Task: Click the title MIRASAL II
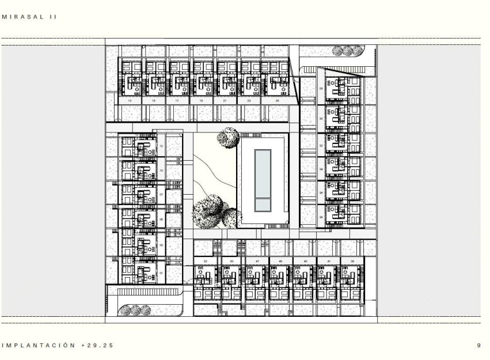29,17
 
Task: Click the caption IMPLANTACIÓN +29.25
58,346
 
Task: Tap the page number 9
478,346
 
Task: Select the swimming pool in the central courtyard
263,180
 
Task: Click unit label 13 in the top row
129,101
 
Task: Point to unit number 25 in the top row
277,101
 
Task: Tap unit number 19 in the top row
201,101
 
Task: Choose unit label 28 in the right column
321,88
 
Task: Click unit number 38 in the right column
321,217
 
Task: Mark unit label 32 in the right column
321,146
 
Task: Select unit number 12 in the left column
161,146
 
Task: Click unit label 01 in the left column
161,272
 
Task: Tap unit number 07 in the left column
161,194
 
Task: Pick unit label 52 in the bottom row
206,262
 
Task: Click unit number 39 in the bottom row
352,262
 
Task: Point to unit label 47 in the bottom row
257,262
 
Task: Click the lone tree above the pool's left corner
229,138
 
